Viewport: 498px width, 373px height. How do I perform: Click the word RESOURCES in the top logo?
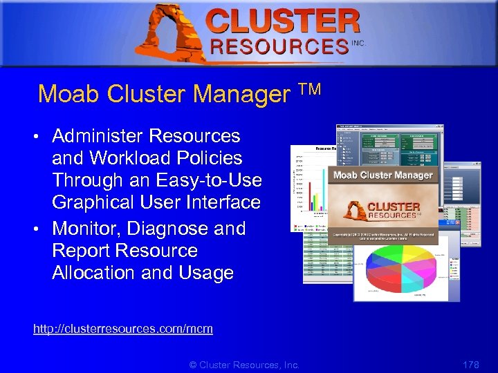(279, 46)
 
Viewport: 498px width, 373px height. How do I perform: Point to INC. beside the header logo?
(358, 43)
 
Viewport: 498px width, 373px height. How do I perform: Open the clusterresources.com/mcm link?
(122, 329)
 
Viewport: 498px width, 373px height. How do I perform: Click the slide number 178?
(470, 364)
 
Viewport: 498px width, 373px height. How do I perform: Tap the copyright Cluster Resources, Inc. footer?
(244, 364)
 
